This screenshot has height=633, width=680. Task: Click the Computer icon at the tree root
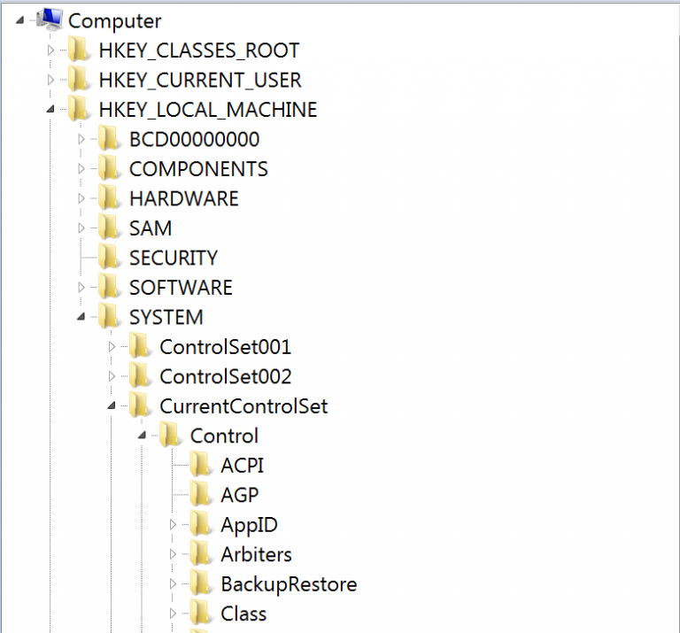(x=50, y=19)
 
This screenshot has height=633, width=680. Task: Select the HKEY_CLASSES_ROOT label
(x=199, y=50)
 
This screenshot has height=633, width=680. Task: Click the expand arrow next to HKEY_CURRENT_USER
(x=50, y=81)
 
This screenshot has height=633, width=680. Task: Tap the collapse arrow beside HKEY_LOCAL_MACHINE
(x=50, y=109)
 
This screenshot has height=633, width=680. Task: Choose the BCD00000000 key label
(x=194, y=140)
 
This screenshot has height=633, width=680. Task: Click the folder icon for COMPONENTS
(x=108, y=169)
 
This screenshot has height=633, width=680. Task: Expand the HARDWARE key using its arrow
(x=81, y=198)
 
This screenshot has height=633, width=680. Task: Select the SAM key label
(x=151, y=228)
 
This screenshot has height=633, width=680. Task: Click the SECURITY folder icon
(x=108, y=258)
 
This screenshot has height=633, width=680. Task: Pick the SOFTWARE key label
(x=181, y=288)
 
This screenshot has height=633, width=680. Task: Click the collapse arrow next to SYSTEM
(x=81, y=317)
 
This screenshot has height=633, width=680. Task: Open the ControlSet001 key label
(x=226, y=347)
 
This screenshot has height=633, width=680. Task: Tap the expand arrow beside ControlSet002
(x=112, y=376)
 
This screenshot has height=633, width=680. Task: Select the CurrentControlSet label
(x=243, y=406)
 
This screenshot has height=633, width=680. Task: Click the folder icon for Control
(x=169, y=436)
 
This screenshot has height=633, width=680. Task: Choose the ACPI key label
(x=242, y=466)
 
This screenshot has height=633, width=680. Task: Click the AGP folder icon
(x=200, y=495)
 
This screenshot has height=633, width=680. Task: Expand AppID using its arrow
(x=173, y=525)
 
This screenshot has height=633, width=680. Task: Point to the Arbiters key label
(x=256, y=554)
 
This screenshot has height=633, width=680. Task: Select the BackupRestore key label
(x=289, y=584)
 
